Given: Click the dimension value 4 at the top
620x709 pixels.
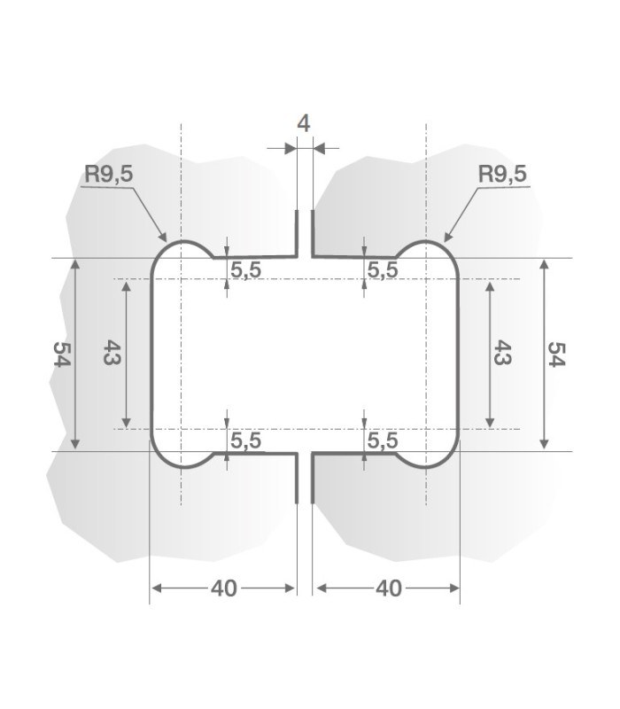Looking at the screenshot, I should pyautogui.click(x=304, y=123).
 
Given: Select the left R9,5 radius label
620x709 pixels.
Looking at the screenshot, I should pyautogui.click(x=108, y=174).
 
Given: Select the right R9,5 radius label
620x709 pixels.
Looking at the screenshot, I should pyautogui.click(x=502, y=174).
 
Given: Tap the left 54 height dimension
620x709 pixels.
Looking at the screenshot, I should pyautogui.click(x=61, y=354).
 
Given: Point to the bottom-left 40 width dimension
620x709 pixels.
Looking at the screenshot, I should pyautogui.click(x=224, y=588).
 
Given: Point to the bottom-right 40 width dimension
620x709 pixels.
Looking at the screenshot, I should pyautogui.click(x=388, y=588).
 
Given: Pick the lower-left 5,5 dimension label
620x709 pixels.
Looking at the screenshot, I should pyautogui.click(x=246, y=440).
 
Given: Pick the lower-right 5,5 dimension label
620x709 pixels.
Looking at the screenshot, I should pyautogui.click(x=383, y=440).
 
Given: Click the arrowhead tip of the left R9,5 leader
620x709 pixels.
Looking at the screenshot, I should pyautogui.click(x=166, y=240).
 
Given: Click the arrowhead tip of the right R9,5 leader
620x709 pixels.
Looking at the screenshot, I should pyautogui.click(x=444, y=240).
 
